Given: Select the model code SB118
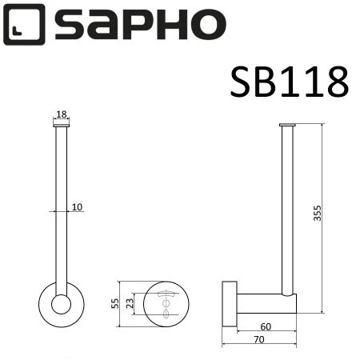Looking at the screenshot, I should point(288,82).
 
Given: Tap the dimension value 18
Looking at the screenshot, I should point(62,114).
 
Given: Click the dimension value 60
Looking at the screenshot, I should point(265,326).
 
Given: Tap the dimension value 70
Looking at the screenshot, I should point(260,340).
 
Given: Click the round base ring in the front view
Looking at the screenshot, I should point(61,304).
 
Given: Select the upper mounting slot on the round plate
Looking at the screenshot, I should point(167,295).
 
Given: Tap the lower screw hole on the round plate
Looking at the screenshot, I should point(167,314).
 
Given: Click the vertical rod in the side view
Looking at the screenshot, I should point(289,208).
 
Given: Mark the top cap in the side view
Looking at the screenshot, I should point(289,125).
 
